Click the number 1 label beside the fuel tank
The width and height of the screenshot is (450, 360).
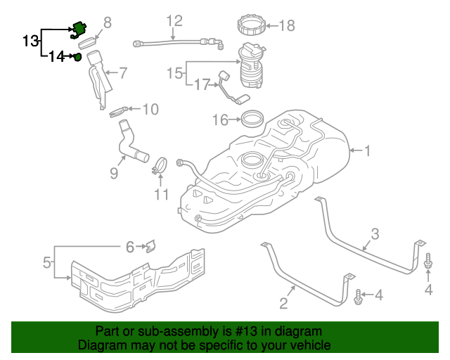(x=368, y=150)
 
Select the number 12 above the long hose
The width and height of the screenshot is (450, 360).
(x=174, y=20)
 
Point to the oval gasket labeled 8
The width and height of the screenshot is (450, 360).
(x=88, y=43)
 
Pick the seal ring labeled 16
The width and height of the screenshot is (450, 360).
(x=252, y=118)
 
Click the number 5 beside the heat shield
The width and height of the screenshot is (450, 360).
(x=47, y=264)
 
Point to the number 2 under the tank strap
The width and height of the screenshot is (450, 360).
(x=284, y=304)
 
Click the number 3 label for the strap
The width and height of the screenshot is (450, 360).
(x=375, y=233)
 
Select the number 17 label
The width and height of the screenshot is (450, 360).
(x=202, y=85)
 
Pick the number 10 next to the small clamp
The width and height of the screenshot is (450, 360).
(x=150, y=109)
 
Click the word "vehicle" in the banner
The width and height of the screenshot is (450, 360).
(x=309, y=345)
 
